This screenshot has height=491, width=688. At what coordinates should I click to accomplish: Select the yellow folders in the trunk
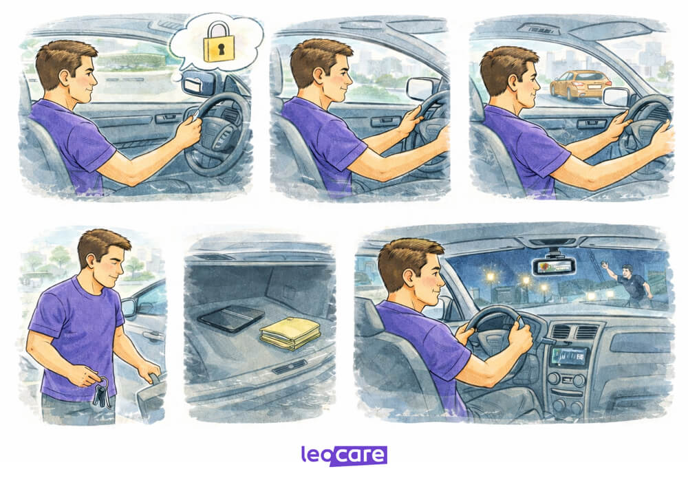pos(290,333)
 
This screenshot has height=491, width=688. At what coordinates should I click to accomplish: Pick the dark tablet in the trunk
pos(230,318)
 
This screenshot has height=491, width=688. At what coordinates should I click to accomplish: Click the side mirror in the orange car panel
pos(616,96)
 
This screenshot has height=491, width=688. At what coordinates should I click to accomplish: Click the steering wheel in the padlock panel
pos(217,134)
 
